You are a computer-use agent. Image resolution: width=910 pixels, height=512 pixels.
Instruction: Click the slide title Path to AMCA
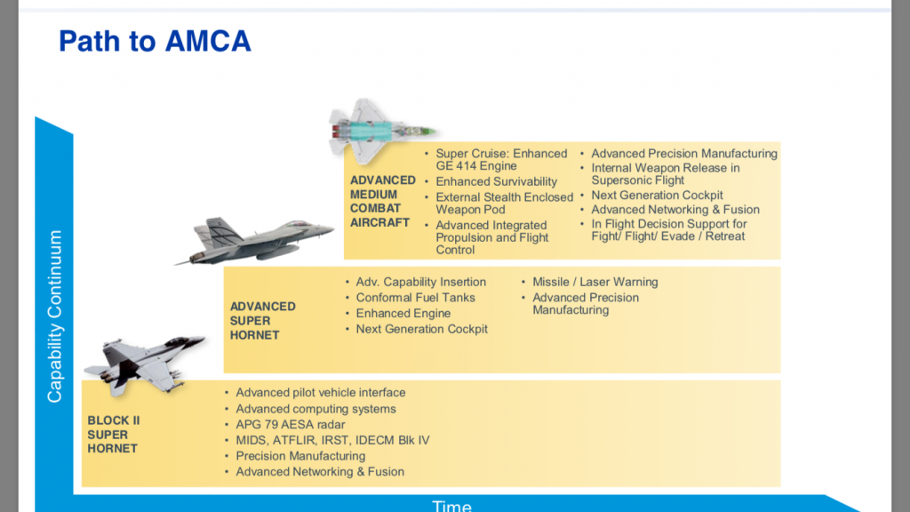pos(155,41)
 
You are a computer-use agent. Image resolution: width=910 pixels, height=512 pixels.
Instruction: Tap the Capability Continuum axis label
pos(55,316)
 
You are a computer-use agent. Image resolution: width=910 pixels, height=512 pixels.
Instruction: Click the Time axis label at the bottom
pos(451,505)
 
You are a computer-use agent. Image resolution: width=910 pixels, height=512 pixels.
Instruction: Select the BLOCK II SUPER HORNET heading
pos(113,435)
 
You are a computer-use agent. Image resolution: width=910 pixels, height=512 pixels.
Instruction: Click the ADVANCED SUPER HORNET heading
pos(262,320)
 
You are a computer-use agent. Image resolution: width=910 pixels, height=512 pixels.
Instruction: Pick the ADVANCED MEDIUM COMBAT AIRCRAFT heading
pos(382,201)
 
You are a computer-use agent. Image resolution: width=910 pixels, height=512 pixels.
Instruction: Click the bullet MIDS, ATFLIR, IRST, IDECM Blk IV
pos(332,440)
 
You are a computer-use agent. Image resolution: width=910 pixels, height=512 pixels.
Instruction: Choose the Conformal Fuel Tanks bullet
pos(415,298)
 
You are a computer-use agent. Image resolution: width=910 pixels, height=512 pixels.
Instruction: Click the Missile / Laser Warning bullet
pos(595,282)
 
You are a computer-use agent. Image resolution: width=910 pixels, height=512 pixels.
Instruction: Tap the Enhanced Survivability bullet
pos(496,181)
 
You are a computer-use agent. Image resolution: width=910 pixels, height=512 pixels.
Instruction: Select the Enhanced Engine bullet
pos(403,313)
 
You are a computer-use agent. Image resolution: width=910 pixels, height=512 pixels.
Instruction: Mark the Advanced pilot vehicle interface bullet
pos(320,392)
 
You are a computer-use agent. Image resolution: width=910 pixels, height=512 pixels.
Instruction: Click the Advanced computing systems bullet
pos(315,409)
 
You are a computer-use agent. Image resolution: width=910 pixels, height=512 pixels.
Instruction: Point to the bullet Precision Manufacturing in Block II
pos(300,456)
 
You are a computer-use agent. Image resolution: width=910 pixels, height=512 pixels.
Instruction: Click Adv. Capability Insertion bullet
pos(420,282)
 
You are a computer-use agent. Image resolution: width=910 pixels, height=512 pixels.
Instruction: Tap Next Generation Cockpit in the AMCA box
pos(657,195)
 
